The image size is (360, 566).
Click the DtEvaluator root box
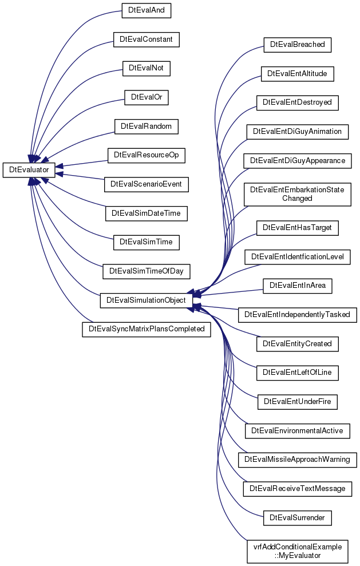(29, 170)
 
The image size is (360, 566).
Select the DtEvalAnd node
(147, 10)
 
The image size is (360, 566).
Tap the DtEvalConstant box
(147, 39)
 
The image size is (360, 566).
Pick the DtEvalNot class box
(147, 68)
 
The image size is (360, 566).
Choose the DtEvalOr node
(147, 97)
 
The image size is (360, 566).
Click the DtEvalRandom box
(147, 126)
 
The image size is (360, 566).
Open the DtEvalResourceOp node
(147, 155)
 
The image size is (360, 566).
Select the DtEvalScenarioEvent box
(147, 184)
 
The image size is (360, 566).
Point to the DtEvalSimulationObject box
(147, 300)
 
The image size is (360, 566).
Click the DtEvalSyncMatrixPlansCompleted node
(147, 329)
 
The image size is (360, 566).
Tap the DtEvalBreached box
(298, 45)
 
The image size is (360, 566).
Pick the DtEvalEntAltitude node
(298, 74)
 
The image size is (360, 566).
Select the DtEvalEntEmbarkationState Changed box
(298, 195)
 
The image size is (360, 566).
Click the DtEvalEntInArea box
(298, 286)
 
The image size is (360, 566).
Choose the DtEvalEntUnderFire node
(298, 402)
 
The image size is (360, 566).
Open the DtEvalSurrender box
(298, 517)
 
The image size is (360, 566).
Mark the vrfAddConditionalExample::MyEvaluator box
(298, 551)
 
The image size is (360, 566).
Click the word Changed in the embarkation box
(297, 199)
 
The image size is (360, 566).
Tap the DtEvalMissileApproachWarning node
(298, 460)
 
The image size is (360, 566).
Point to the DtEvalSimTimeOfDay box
(147, 271)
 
